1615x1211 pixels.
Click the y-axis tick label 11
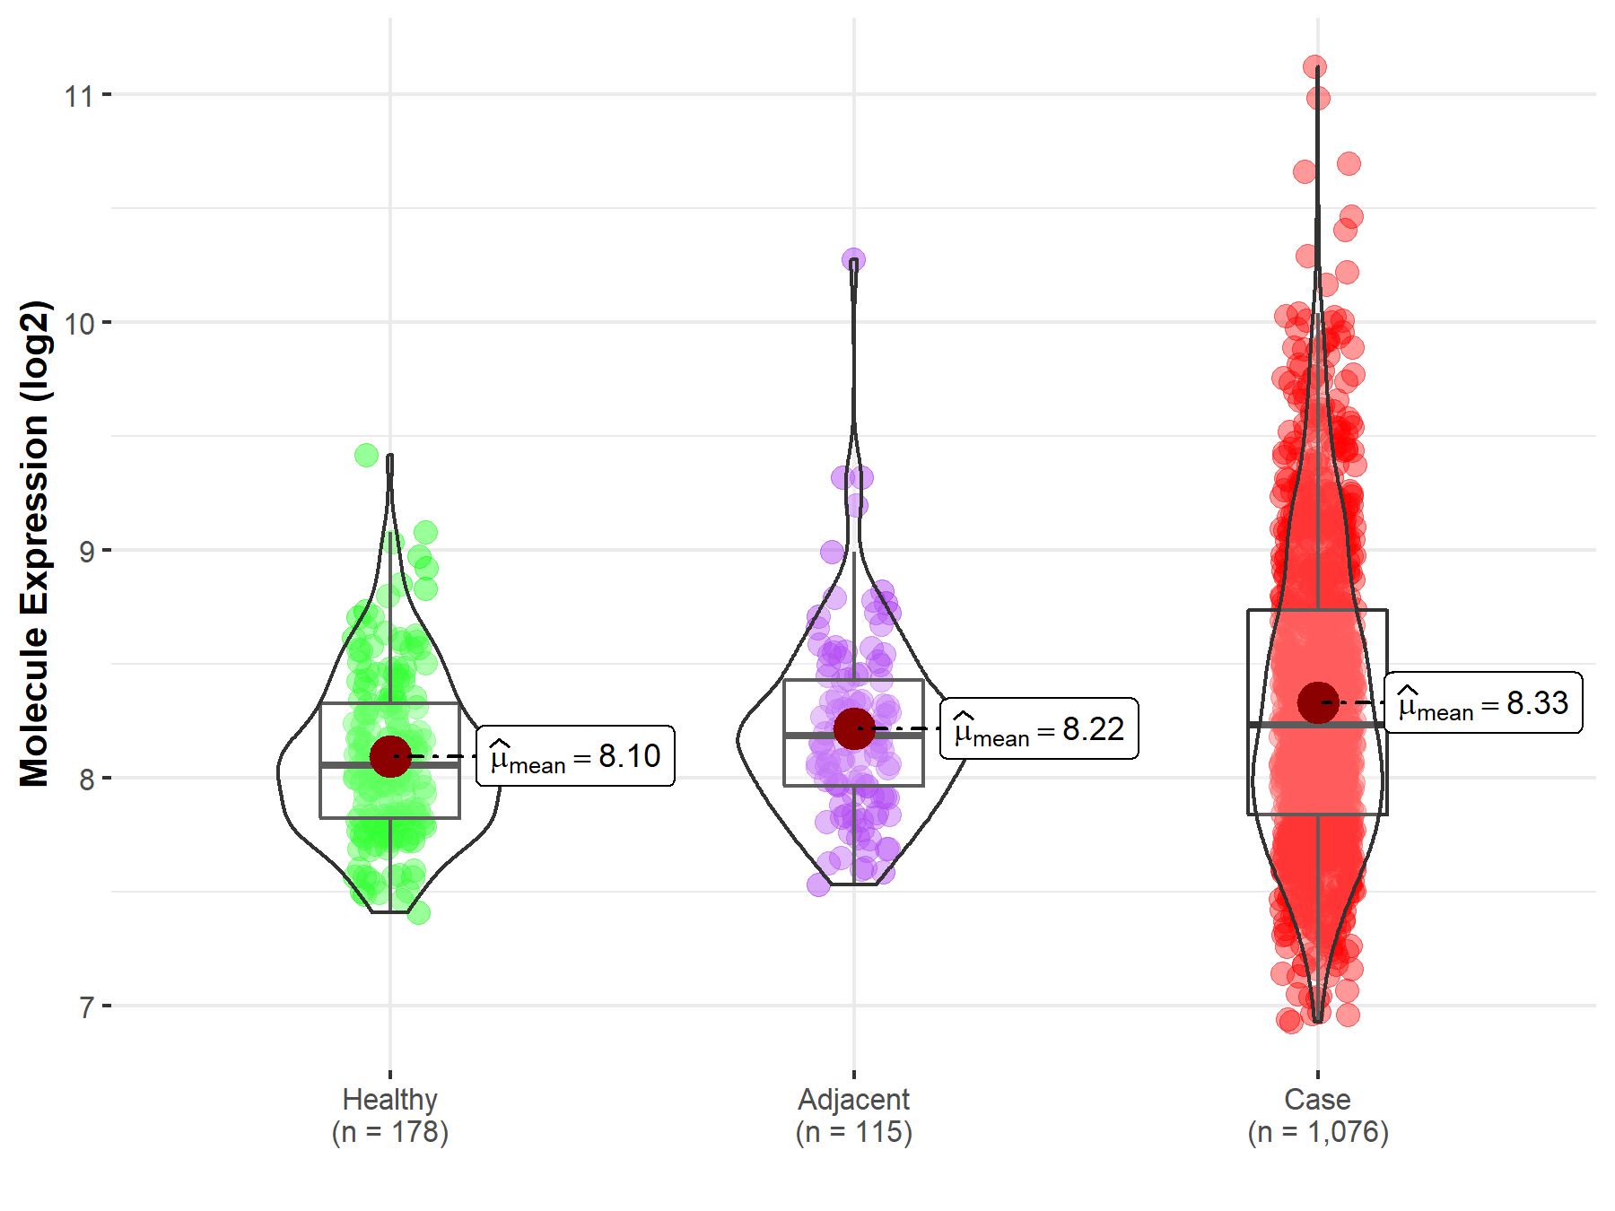(78, 95)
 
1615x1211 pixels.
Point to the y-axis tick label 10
(78, 323)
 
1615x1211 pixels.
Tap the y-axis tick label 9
(86, 551)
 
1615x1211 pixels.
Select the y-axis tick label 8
(86, 779)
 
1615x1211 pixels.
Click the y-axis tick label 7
(86, 1006)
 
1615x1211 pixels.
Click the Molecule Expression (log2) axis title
(34, 544)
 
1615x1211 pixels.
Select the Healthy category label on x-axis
(389, 1099)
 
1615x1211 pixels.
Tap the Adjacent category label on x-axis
(853, 1099)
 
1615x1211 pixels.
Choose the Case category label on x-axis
(1317, 1099)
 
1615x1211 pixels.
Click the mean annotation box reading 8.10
(575, 756)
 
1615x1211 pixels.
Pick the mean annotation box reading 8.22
(1039, 728)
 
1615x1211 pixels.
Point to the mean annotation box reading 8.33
(1483, 702)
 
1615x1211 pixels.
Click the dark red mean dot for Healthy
(390, 756)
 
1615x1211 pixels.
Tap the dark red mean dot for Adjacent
(853, 728)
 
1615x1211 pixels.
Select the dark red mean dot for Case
(1318, 702)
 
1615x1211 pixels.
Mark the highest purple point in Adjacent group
(853, 260)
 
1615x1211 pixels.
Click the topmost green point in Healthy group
(366, 455)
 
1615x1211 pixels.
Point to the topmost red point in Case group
(1315, 67)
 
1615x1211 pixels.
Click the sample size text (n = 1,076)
(1317, 1132)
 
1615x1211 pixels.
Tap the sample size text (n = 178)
(389, 1132)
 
